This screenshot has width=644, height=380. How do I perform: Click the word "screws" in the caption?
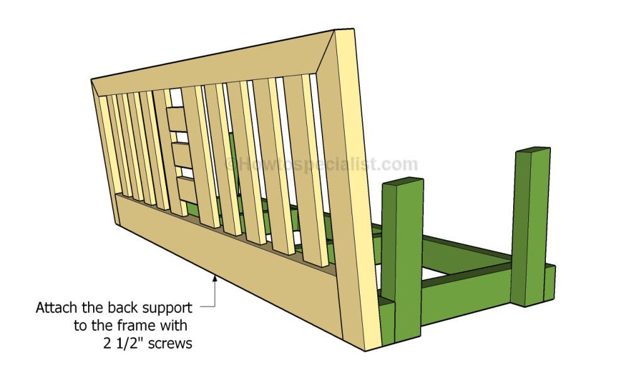[x=170, y=344]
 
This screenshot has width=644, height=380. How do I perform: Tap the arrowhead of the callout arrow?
[x=214, y=278]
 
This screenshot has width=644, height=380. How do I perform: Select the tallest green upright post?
[x=531, y=226]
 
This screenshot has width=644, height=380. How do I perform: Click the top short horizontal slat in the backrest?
[x=177, y=119]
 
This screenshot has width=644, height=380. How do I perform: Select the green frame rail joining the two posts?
[x=466, y=289]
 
